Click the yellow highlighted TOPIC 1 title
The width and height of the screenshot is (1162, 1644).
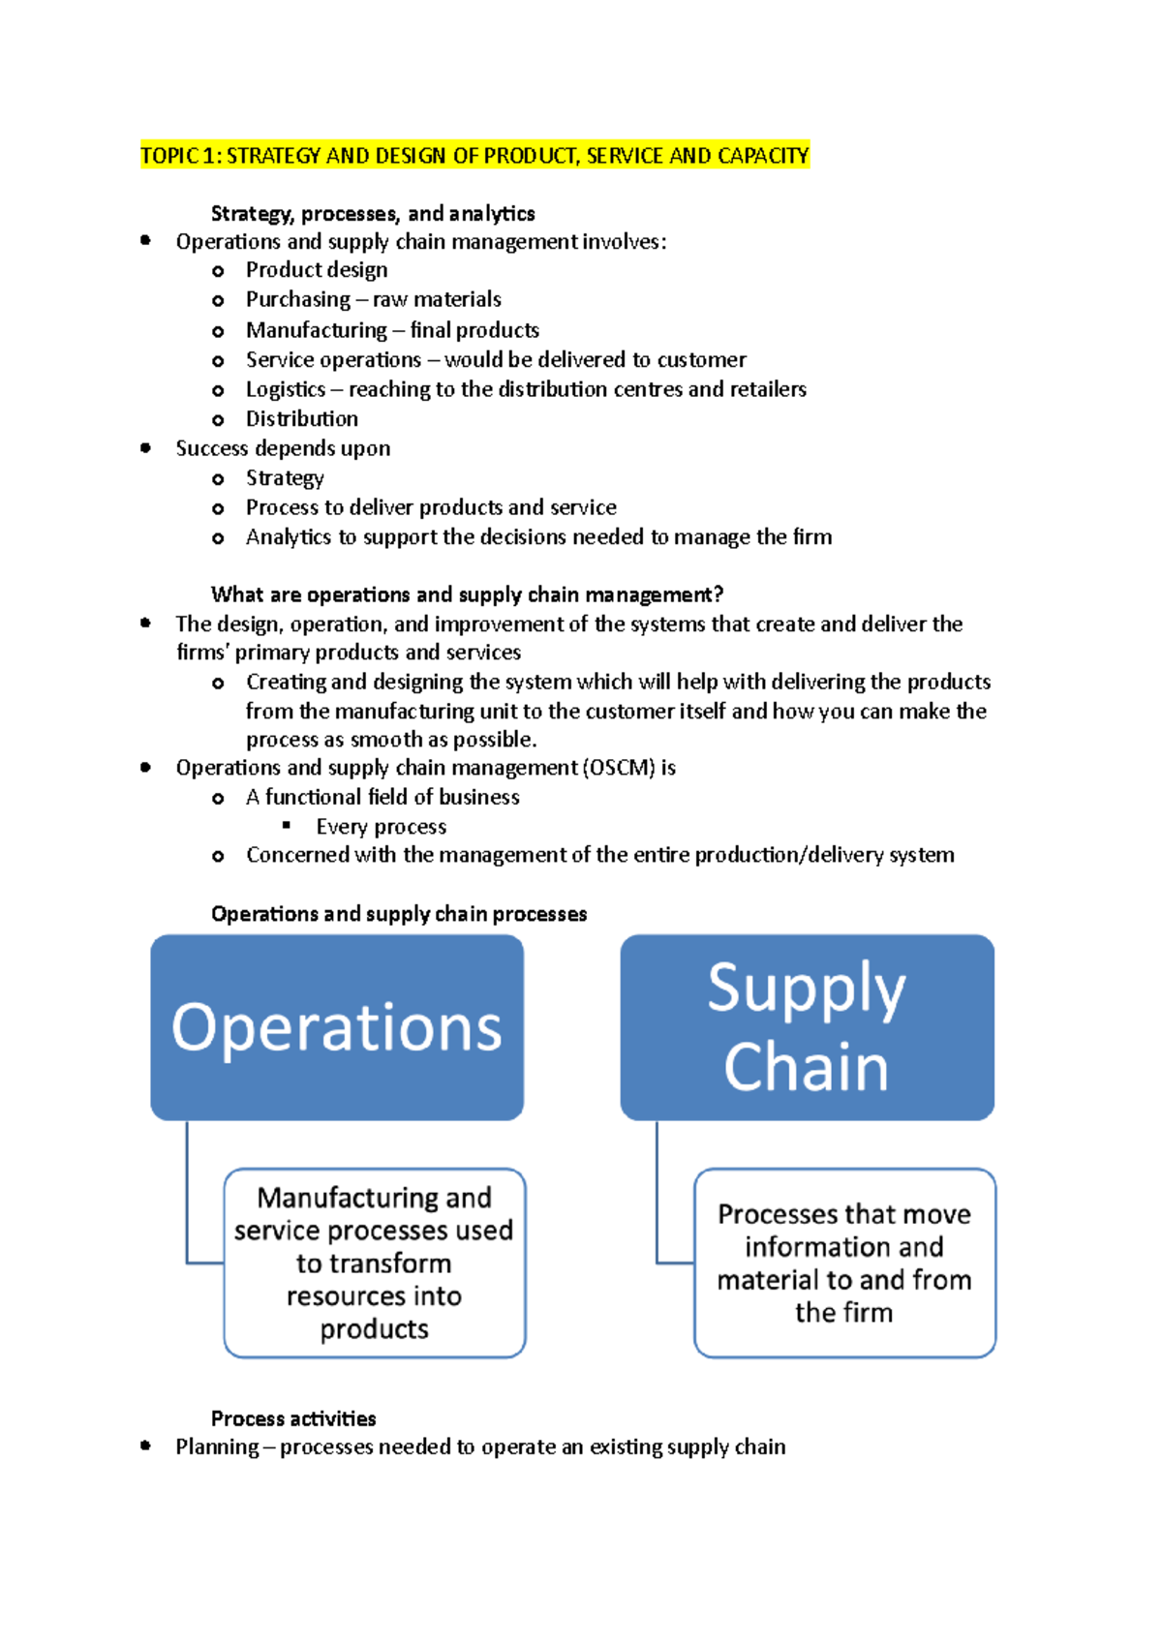tap(474, 156)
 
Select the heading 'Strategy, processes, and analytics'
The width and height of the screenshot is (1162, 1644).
tap(373, 213)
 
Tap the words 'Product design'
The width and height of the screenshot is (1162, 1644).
tap(317, 270)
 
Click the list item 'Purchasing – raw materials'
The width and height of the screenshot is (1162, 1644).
tap(373, 299)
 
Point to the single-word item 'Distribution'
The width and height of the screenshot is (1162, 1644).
tap(302, 419)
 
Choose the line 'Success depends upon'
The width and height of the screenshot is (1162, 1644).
tap(283, 448)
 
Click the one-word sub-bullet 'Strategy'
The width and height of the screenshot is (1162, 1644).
tap(285, 478)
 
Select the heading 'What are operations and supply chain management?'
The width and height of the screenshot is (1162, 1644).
tap(467, 594)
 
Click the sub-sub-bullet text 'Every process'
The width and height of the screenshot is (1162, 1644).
tap(381, 827)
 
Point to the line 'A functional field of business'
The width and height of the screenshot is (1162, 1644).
tap(382, 797)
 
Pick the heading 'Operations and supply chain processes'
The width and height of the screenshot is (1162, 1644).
tap(399, 914)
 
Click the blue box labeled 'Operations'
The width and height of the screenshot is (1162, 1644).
tap(337, 1027)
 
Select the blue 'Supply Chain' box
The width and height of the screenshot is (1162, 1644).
tap(807, 1027)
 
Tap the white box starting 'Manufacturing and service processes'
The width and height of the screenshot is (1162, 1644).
tap(375, 1263)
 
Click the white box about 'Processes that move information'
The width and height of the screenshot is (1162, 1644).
tap(844, 1263)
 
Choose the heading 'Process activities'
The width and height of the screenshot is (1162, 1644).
tap(293, 1418)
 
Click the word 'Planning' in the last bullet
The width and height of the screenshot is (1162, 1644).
tap(217, 1447)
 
